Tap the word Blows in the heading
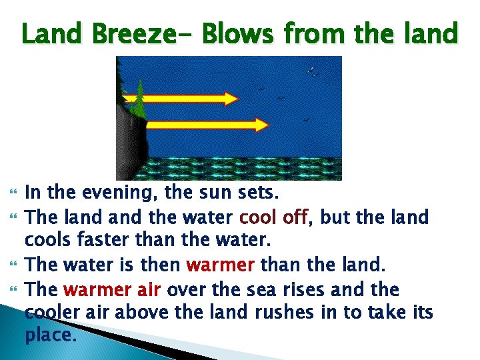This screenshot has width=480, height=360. point(231,33)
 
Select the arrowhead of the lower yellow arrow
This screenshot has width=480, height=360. point(261,124)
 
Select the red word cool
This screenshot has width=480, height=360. point(260,218)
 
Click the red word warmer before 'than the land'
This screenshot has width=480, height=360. point(219,265)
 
